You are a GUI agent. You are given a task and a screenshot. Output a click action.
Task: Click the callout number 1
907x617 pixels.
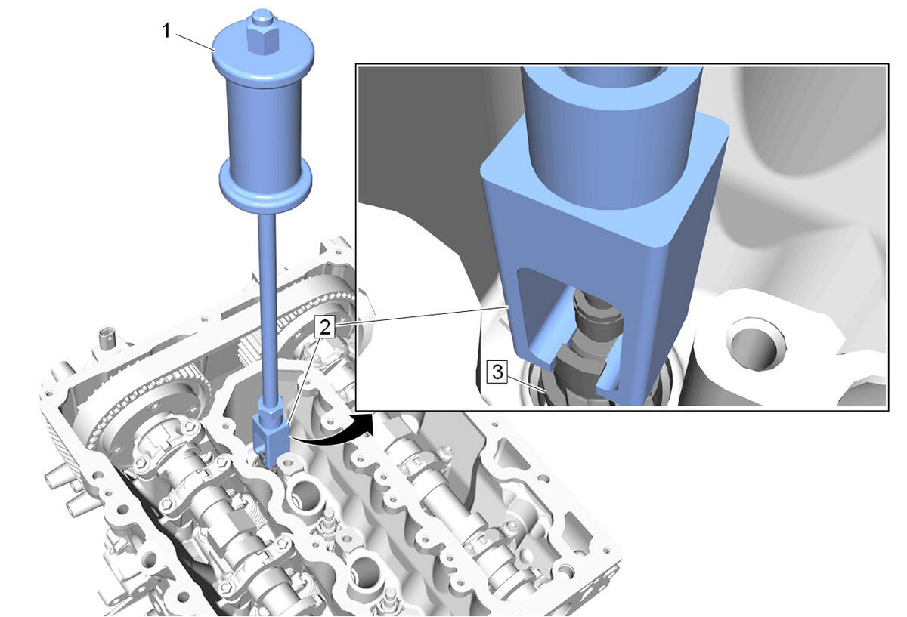click(x=166, y=31)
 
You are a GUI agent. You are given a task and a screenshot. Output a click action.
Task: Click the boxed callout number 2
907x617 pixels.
click(x=325, y=327)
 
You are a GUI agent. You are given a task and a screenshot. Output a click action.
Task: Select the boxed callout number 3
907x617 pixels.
click(x=497, y=372)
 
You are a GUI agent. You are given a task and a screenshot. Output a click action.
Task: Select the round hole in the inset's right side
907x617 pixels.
click(x=756, y=348)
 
